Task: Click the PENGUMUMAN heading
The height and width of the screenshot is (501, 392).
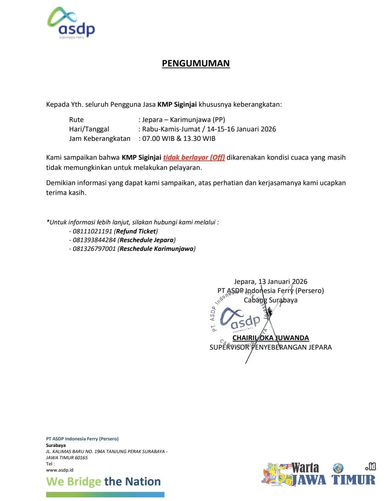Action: (x=196, y=63)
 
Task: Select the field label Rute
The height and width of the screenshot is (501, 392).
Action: (x=76, y=120)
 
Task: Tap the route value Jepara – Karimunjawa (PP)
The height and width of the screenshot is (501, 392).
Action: (x=184, y=120)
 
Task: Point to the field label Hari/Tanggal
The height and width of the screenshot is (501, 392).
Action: (x=89, y=129)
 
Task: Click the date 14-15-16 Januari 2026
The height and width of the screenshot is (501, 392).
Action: (x=241, y=129)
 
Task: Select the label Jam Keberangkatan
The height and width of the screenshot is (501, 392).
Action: (x=100, y=139)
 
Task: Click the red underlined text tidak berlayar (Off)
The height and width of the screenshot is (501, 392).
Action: (x=194, y=158)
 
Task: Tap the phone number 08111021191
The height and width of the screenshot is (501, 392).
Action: (x=93, y=231)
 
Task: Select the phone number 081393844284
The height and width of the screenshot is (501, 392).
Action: (x=94, y=240)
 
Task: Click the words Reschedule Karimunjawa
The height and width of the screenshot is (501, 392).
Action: (x=156, y=249)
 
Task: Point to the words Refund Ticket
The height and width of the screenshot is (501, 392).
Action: (x=136, y=231)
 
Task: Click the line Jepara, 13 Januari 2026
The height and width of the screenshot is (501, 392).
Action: (x=270, y=282)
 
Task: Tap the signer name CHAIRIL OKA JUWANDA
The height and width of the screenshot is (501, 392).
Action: (x=270, y=338)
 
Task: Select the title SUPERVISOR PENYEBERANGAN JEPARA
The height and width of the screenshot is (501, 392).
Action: (x=270, y=347)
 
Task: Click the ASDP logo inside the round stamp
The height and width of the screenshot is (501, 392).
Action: (x=240, y=319)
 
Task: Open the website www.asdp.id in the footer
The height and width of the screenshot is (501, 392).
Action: (x=60, y=470)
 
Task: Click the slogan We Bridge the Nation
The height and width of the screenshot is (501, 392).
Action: (x=103, y=482)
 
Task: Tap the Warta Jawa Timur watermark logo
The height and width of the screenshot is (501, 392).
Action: (x=318, y=474)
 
